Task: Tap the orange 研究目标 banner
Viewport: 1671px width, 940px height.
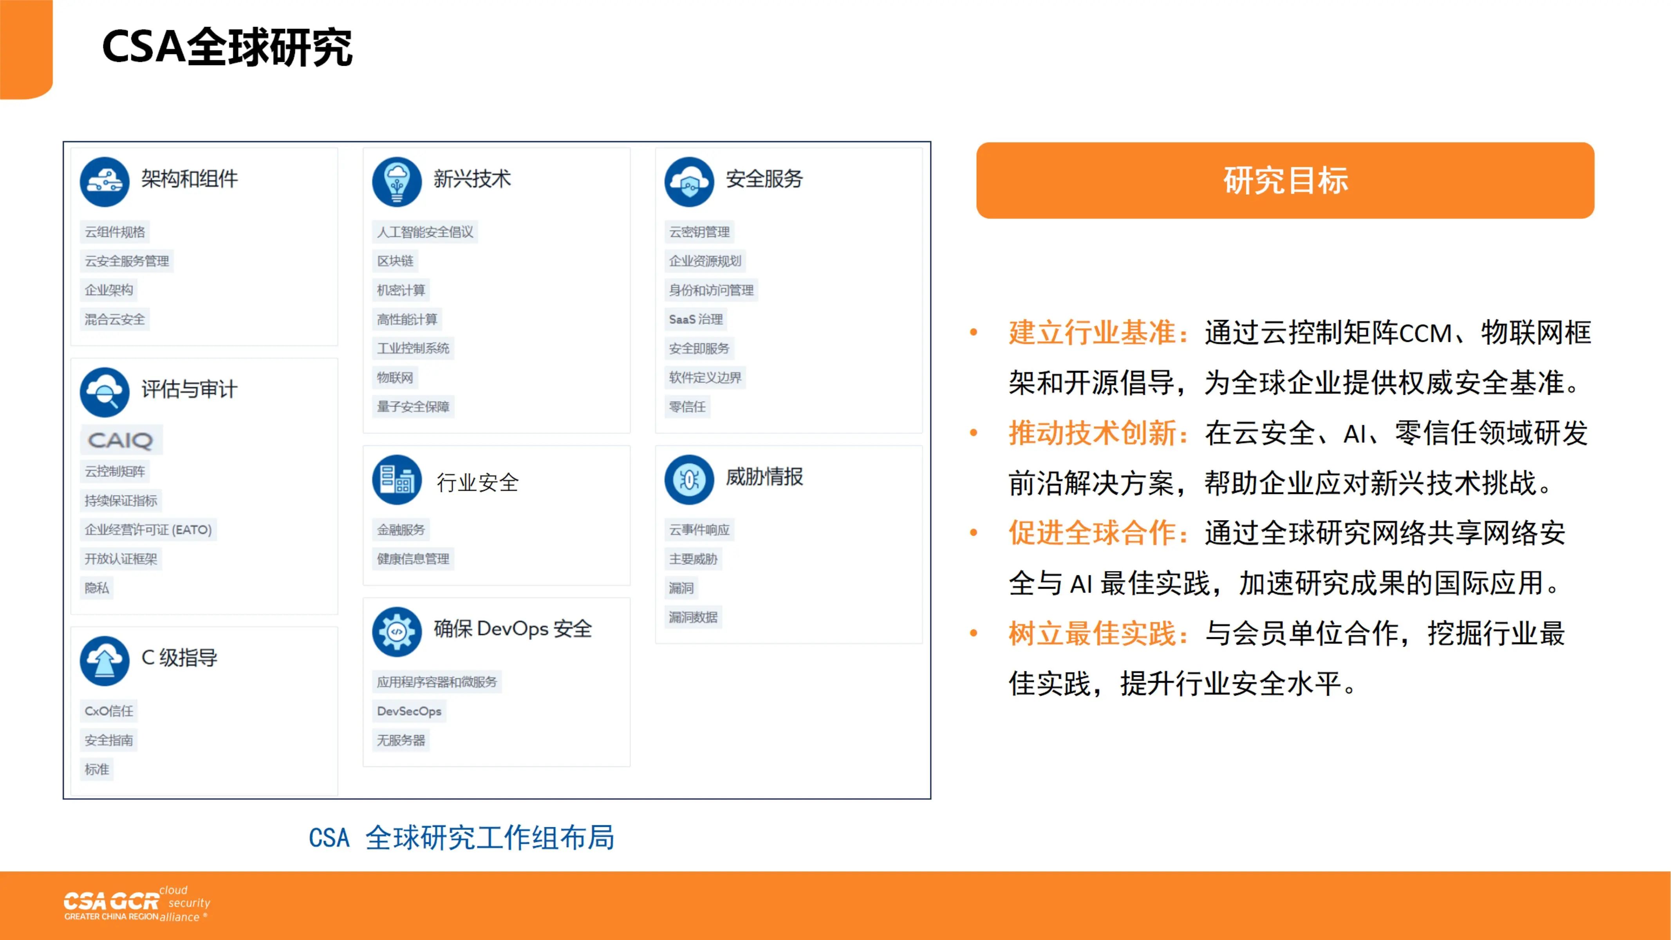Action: (1285, 180)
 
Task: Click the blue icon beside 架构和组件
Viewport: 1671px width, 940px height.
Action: (105, 182)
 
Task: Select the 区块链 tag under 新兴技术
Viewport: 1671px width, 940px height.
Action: (395, 261)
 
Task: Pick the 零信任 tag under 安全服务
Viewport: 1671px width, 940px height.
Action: (687, 407)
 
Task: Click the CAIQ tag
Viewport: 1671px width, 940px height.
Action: (121, 441)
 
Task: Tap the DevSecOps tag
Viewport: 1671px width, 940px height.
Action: (409, 711)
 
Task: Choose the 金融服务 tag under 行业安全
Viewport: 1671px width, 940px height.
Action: (401, 530)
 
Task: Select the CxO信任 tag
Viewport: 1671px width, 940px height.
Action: (109, 711)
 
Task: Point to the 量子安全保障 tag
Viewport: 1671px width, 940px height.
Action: (413, 407)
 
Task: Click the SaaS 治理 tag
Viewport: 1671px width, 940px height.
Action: (696, 319)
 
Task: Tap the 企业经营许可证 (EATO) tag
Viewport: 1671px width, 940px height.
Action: (148, 530)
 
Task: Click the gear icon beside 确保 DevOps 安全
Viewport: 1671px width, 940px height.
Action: (397, 632)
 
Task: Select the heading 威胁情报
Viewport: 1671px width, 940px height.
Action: (764, 477)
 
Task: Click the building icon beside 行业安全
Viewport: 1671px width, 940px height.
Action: (397, 480)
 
